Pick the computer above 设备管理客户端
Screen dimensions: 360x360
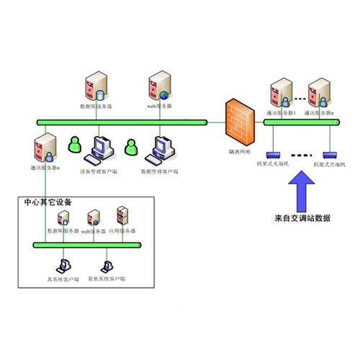coord(99,148)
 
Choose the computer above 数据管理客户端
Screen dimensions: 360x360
coord(158,148)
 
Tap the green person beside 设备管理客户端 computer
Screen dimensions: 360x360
coord(75,145)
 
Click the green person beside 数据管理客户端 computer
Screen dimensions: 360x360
coord(131,146)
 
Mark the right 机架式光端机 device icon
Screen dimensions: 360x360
coord(330,154)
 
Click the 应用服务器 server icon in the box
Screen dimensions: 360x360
coord(122,216)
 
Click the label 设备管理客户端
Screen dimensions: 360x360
coord(99,171)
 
